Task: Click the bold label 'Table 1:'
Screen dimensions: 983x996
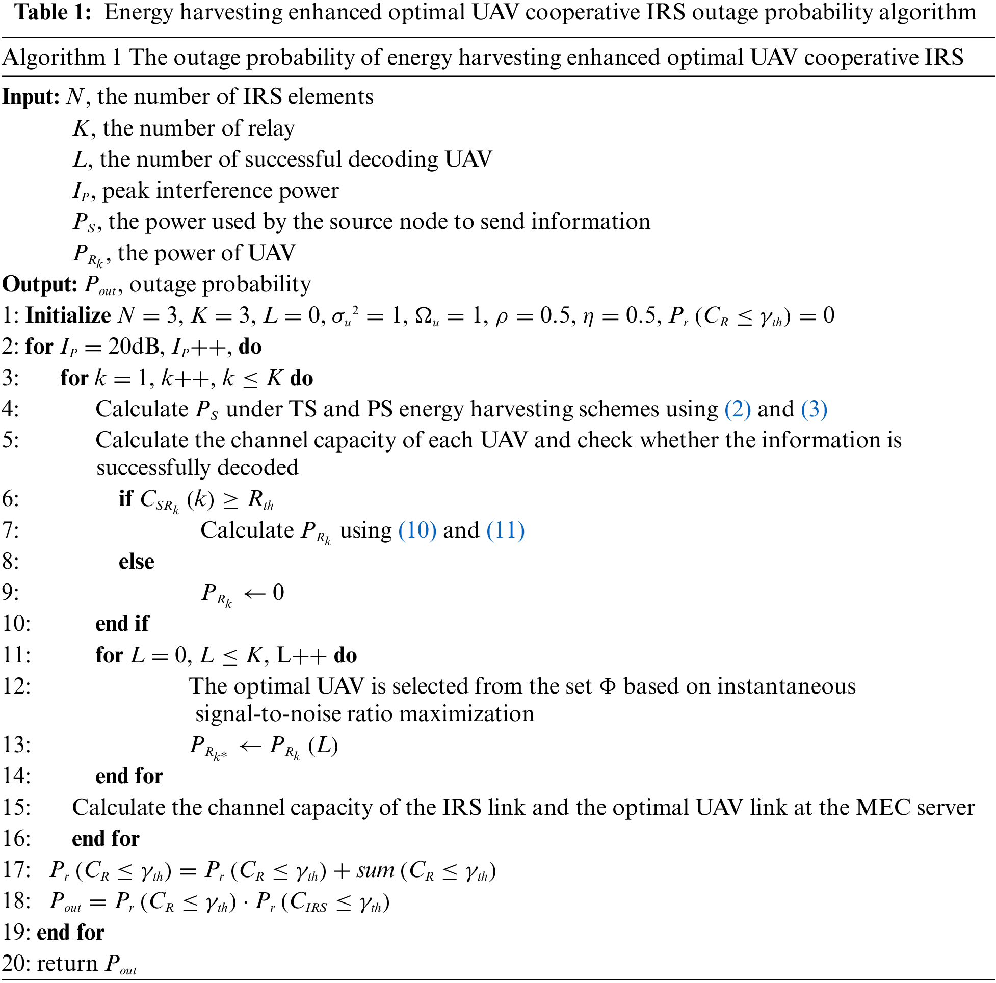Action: (53, 12)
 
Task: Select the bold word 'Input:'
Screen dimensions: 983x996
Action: (32, 97)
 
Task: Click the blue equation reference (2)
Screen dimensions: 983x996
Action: (737, 409)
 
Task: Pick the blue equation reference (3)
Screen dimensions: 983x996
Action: (814, 409)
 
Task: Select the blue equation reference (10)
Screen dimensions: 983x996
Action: (417, 530)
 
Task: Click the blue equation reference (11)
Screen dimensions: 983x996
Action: (505, 530)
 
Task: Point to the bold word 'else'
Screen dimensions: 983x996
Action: (136, 562)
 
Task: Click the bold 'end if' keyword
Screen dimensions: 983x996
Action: (122, 624)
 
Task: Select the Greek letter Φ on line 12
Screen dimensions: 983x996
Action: (608, 686)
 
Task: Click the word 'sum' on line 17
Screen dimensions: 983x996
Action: (375, 870)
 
